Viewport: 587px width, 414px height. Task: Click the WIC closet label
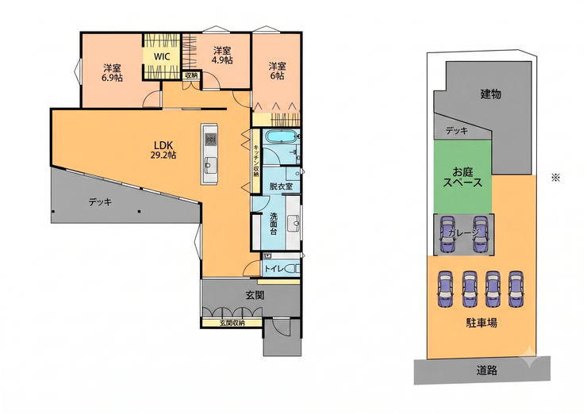(x=162, y=57)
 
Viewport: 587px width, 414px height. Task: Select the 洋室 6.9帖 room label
(x=113, y=73)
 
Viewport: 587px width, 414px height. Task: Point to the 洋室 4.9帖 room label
(x=222, y=55)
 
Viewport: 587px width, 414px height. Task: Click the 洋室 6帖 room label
(x=277, y=71)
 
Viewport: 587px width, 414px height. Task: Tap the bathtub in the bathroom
(x=280, y=136)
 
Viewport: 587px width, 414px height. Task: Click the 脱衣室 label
(x=281, y=186)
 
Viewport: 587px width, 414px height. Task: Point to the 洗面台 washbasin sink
(x=294, y=224)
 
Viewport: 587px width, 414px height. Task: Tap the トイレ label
(x=274, y=268)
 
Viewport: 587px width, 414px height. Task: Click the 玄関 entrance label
(x=255, y=295)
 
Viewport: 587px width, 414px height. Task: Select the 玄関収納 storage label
(x=232, y=323)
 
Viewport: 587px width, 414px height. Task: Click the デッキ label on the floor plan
(x=100, y=202)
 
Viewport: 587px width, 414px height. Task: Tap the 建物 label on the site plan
(x=491, y=94)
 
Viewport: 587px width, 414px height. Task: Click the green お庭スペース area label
(x=462, y=178)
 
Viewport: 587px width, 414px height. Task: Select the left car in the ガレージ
(x=447, y=234)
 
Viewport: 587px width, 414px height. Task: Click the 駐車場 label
(x=481, y=322)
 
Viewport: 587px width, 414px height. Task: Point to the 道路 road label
(x=487, y=370)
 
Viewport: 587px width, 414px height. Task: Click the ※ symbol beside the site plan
(x=555, y=178)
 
